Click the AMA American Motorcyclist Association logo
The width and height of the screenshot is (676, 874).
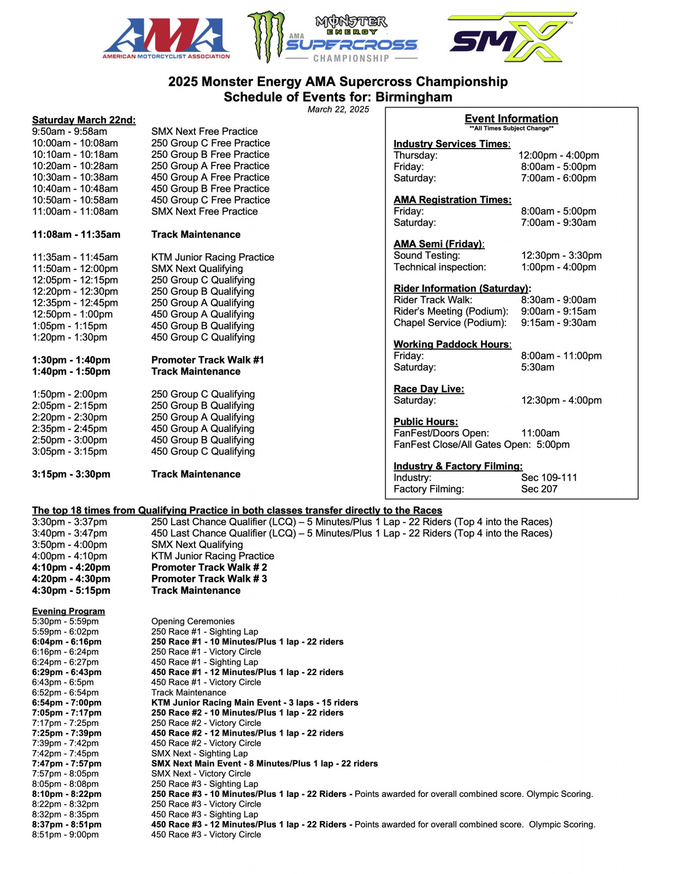click(166, 38)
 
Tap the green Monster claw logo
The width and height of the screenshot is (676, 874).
click(266, 36)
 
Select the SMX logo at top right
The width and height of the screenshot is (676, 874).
click(512, 38)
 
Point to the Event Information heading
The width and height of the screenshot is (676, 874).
click(511, 119)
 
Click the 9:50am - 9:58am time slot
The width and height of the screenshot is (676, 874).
click(69, 132)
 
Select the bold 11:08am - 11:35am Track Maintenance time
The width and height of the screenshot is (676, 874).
click(76, 234)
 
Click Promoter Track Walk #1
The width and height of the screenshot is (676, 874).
click(207, 360)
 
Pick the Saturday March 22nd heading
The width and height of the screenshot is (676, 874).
click(84, 120)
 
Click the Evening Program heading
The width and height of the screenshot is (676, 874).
click(68, 611)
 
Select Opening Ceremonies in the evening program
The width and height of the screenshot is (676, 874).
click(192, 622)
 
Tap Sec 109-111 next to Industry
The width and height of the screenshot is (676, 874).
click(549, 477)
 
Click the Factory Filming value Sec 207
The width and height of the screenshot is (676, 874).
click(539, 489)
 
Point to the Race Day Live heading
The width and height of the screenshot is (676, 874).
click(428, 389)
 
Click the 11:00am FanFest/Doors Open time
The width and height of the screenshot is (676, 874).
click(540, 433)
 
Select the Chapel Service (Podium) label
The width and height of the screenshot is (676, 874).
click(450, 323)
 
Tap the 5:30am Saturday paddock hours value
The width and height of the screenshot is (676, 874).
click(537, 367)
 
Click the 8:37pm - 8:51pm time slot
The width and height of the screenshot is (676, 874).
click(66, 824)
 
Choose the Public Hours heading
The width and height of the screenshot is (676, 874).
click(426, 422)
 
